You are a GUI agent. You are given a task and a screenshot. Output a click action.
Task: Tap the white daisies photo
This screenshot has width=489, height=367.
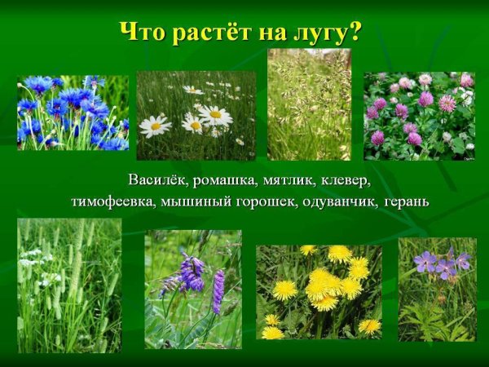(196, 115)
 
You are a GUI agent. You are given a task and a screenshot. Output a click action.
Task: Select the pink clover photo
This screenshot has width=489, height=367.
(419, 115)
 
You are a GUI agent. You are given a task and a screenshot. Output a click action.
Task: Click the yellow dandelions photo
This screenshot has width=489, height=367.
(319, 292)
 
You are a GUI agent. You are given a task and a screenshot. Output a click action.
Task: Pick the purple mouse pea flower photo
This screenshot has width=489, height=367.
(193, 289)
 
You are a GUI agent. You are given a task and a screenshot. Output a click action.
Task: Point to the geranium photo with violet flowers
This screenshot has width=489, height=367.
(437, 289)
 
